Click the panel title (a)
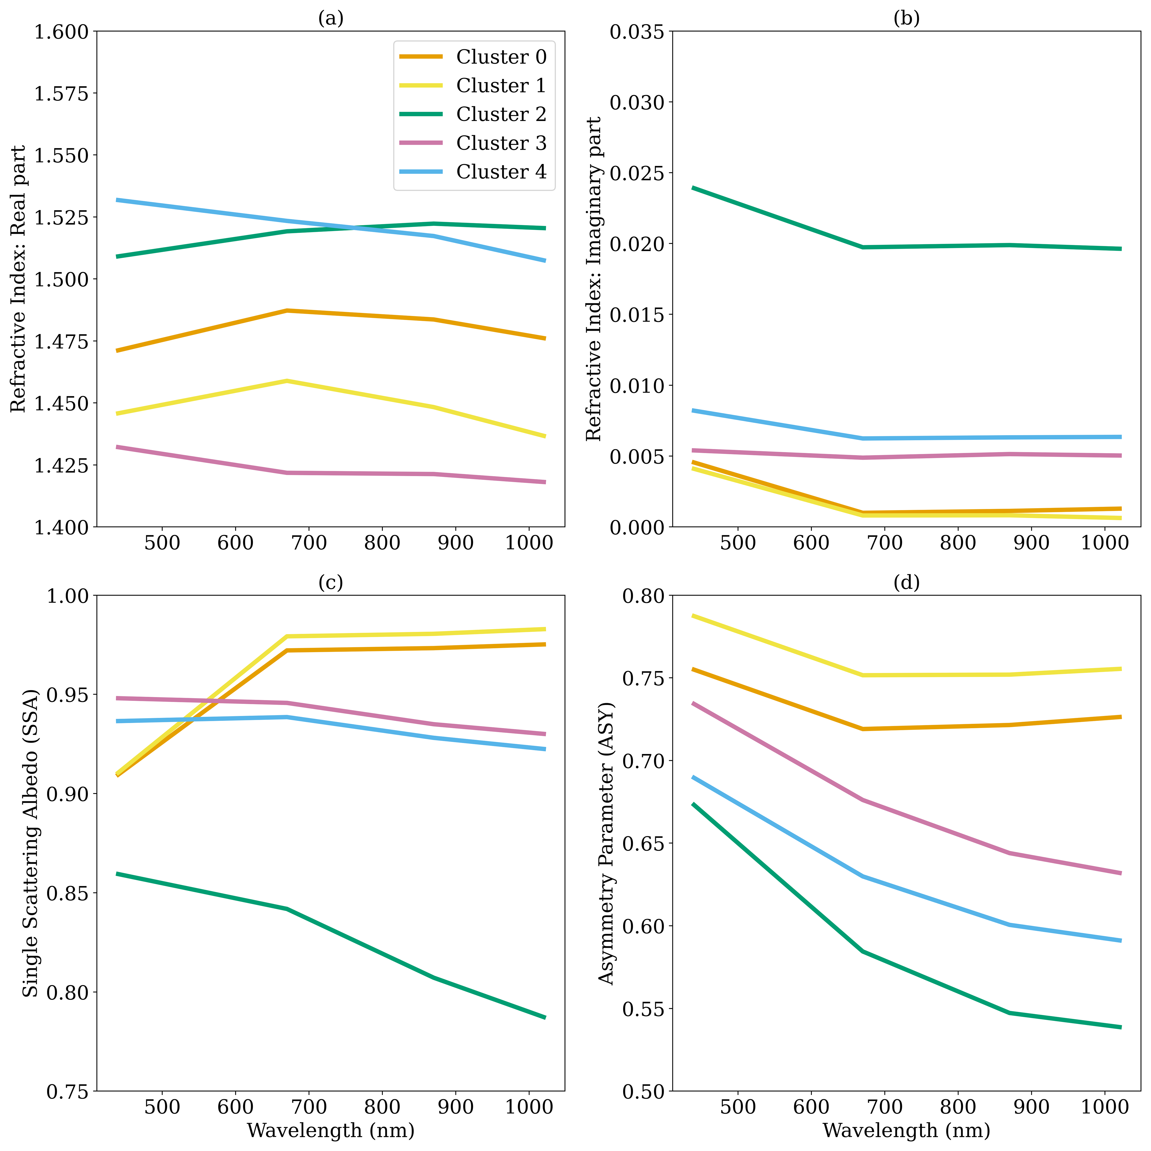click(x=331, y=18)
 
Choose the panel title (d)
click(x=906, y=582)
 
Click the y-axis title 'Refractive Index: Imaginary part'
click(x=594, y=279)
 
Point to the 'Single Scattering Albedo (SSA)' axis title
click(x=30, y=843)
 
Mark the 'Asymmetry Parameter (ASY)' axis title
click(x=606, y=843)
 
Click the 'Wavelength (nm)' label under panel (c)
click(x=331, y=1130)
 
